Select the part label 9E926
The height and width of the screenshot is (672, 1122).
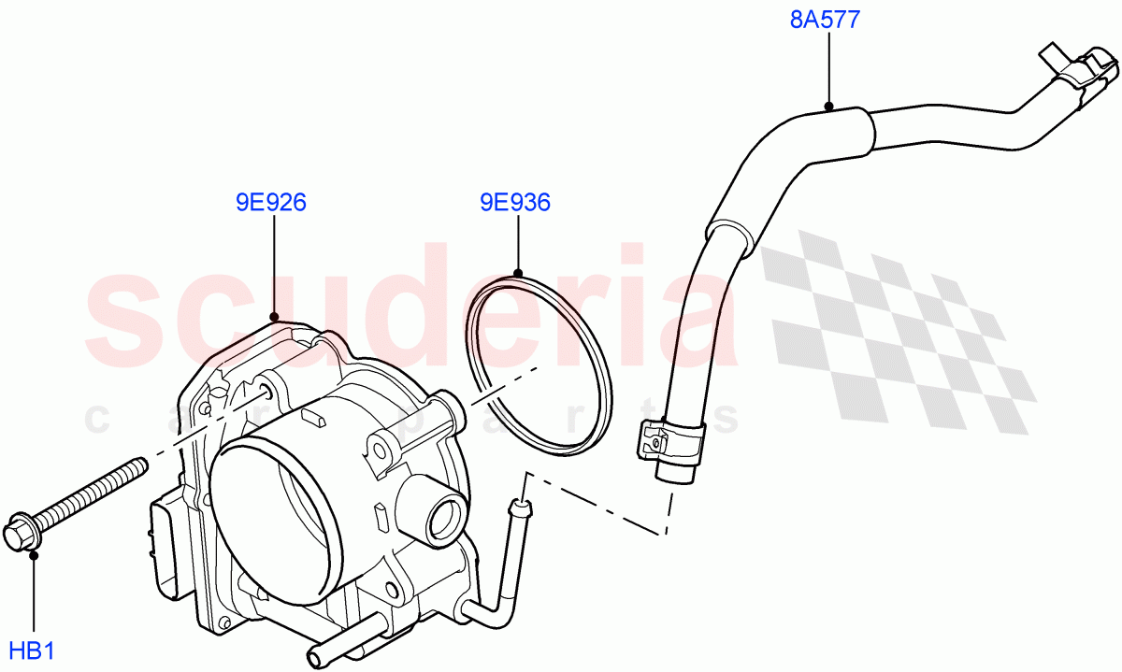point(271,202)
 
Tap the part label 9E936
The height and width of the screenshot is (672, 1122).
point(514,202)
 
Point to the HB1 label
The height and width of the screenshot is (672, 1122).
point(33,650)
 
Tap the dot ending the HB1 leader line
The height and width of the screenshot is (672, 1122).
point(34,556)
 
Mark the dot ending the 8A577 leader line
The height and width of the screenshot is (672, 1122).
point(828,106)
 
